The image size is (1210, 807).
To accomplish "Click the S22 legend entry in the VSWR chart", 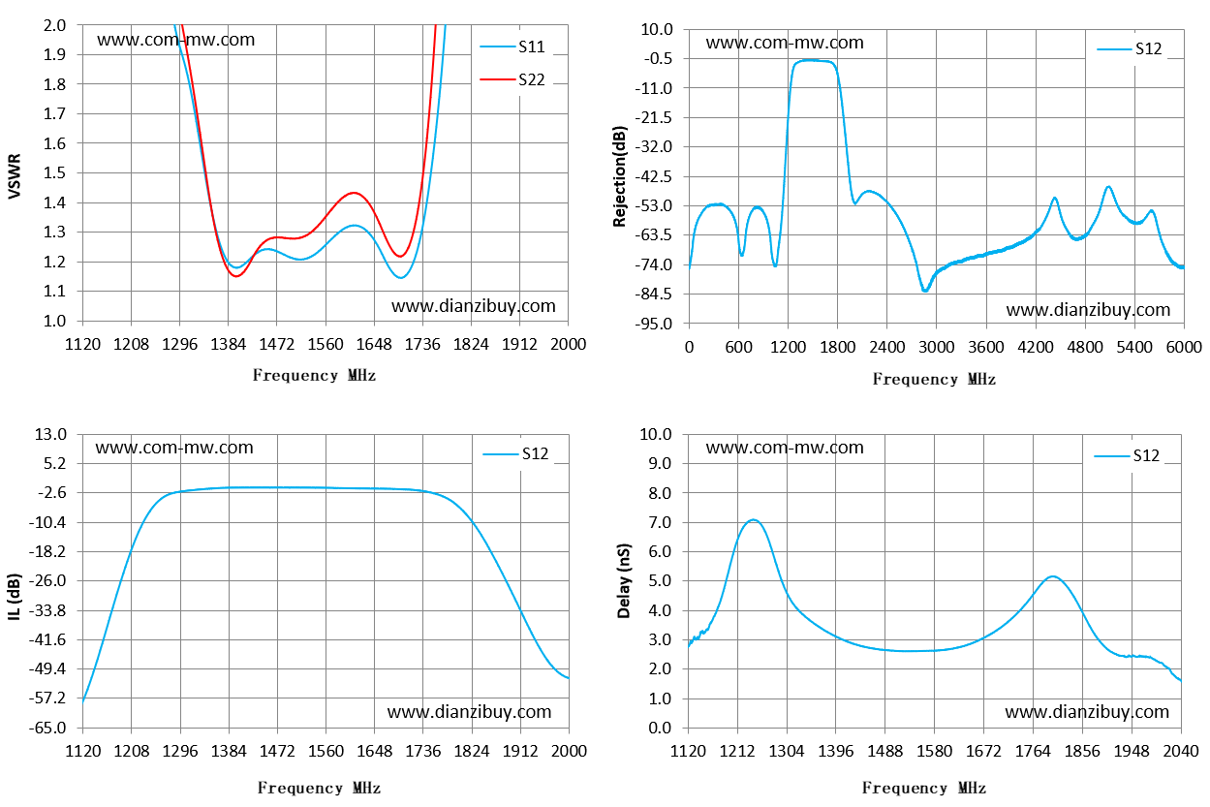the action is [512, 79].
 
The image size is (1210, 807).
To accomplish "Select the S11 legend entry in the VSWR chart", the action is [512, 47].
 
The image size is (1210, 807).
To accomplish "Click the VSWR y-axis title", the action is [15, 176].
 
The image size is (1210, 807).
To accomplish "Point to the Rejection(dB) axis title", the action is [620, 176].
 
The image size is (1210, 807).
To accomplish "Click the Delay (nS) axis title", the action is [624, 580].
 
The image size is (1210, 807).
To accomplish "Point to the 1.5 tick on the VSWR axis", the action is [54, 172].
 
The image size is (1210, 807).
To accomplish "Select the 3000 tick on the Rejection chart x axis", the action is [936, 347].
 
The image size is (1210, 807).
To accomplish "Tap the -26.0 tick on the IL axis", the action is [47, 580].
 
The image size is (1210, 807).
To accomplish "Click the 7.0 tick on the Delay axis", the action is [660, 522].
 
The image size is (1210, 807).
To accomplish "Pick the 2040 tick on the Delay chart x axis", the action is [1181, 751].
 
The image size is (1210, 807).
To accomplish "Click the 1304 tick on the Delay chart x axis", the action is [787, 751].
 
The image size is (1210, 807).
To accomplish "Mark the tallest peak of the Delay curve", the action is [753, 520].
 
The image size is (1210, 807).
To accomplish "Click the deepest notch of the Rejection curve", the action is [925, 290].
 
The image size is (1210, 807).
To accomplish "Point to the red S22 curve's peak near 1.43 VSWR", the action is [354, 193].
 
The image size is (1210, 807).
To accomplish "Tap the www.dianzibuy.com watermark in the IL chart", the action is [469, 711].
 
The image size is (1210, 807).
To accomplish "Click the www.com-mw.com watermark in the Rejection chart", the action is [785, 42].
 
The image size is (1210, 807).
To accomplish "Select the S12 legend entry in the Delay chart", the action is [1127, 455].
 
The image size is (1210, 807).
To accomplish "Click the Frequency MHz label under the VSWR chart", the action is [314, 375].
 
